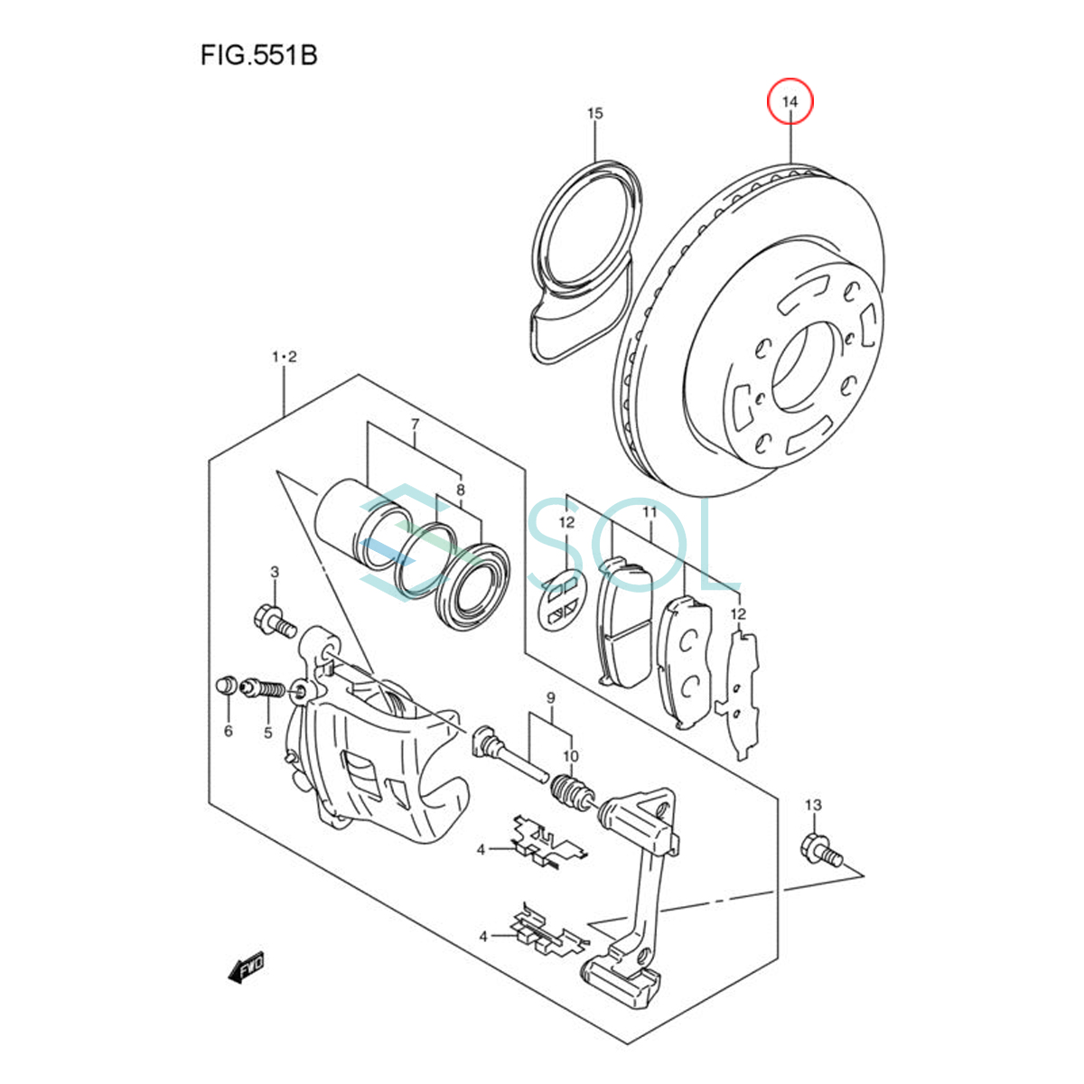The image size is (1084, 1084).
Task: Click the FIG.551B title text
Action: click(x=259, y=56)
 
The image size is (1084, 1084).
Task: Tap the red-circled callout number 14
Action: click(x=790, y=101)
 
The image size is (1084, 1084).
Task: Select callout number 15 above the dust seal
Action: click(x=594, y=113)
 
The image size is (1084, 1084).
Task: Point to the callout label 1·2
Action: click(x=284, y=357)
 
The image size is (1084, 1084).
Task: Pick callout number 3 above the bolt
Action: click(x=275, y=572)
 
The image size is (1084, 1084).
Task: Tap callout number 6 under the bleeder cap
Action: click(x=228, y=732)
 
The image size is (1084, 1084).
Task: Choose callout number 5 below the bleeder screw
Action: click(x=267, y=733)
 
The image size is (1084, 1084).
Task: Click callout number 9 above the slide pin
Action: click(x=551, y=698)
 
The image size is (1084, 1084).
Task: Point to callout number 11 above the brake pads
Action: click(x=649, y=512)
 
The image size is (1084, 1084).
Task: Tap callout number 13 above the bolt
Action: click(x=813, y=805)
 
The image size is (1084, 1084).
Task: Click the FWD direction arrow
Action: click(x=247, y=967)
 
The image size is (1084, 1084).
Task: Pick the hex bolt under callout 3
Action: click(x=276, y=621)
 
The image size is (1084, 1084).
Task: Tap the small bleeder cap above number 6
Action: click(x=226, y=685)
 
